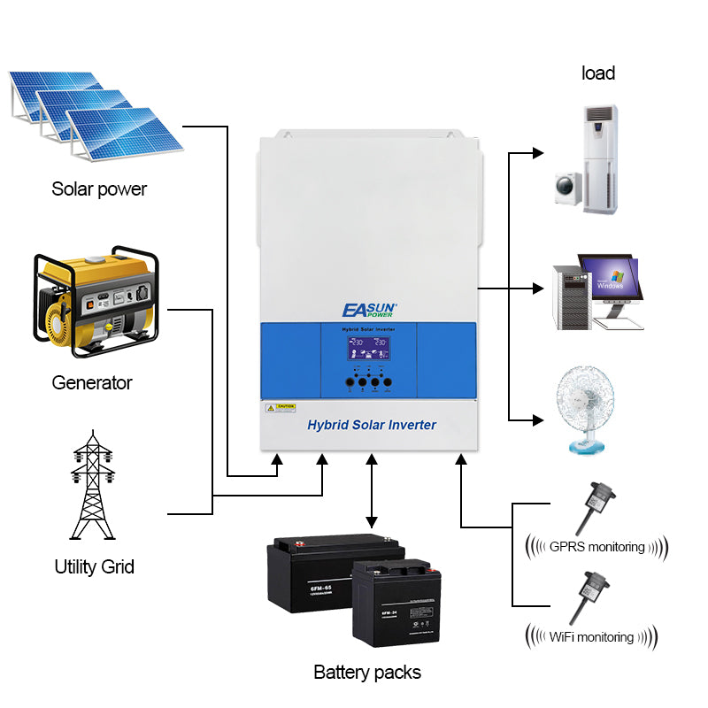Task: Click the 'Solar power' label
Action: click(99, 189)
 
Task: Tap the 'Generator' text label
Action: click(91, 382)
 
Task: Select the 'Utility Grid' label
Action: click(94, 566)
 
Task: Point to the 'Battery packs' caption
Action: click(367, 672)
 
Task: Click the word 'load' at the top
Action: click(598, 73)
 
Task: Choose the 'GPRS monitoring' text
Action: click(596, 546)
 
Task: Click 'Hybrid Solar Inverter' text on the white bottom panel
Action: click(371, 425)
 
